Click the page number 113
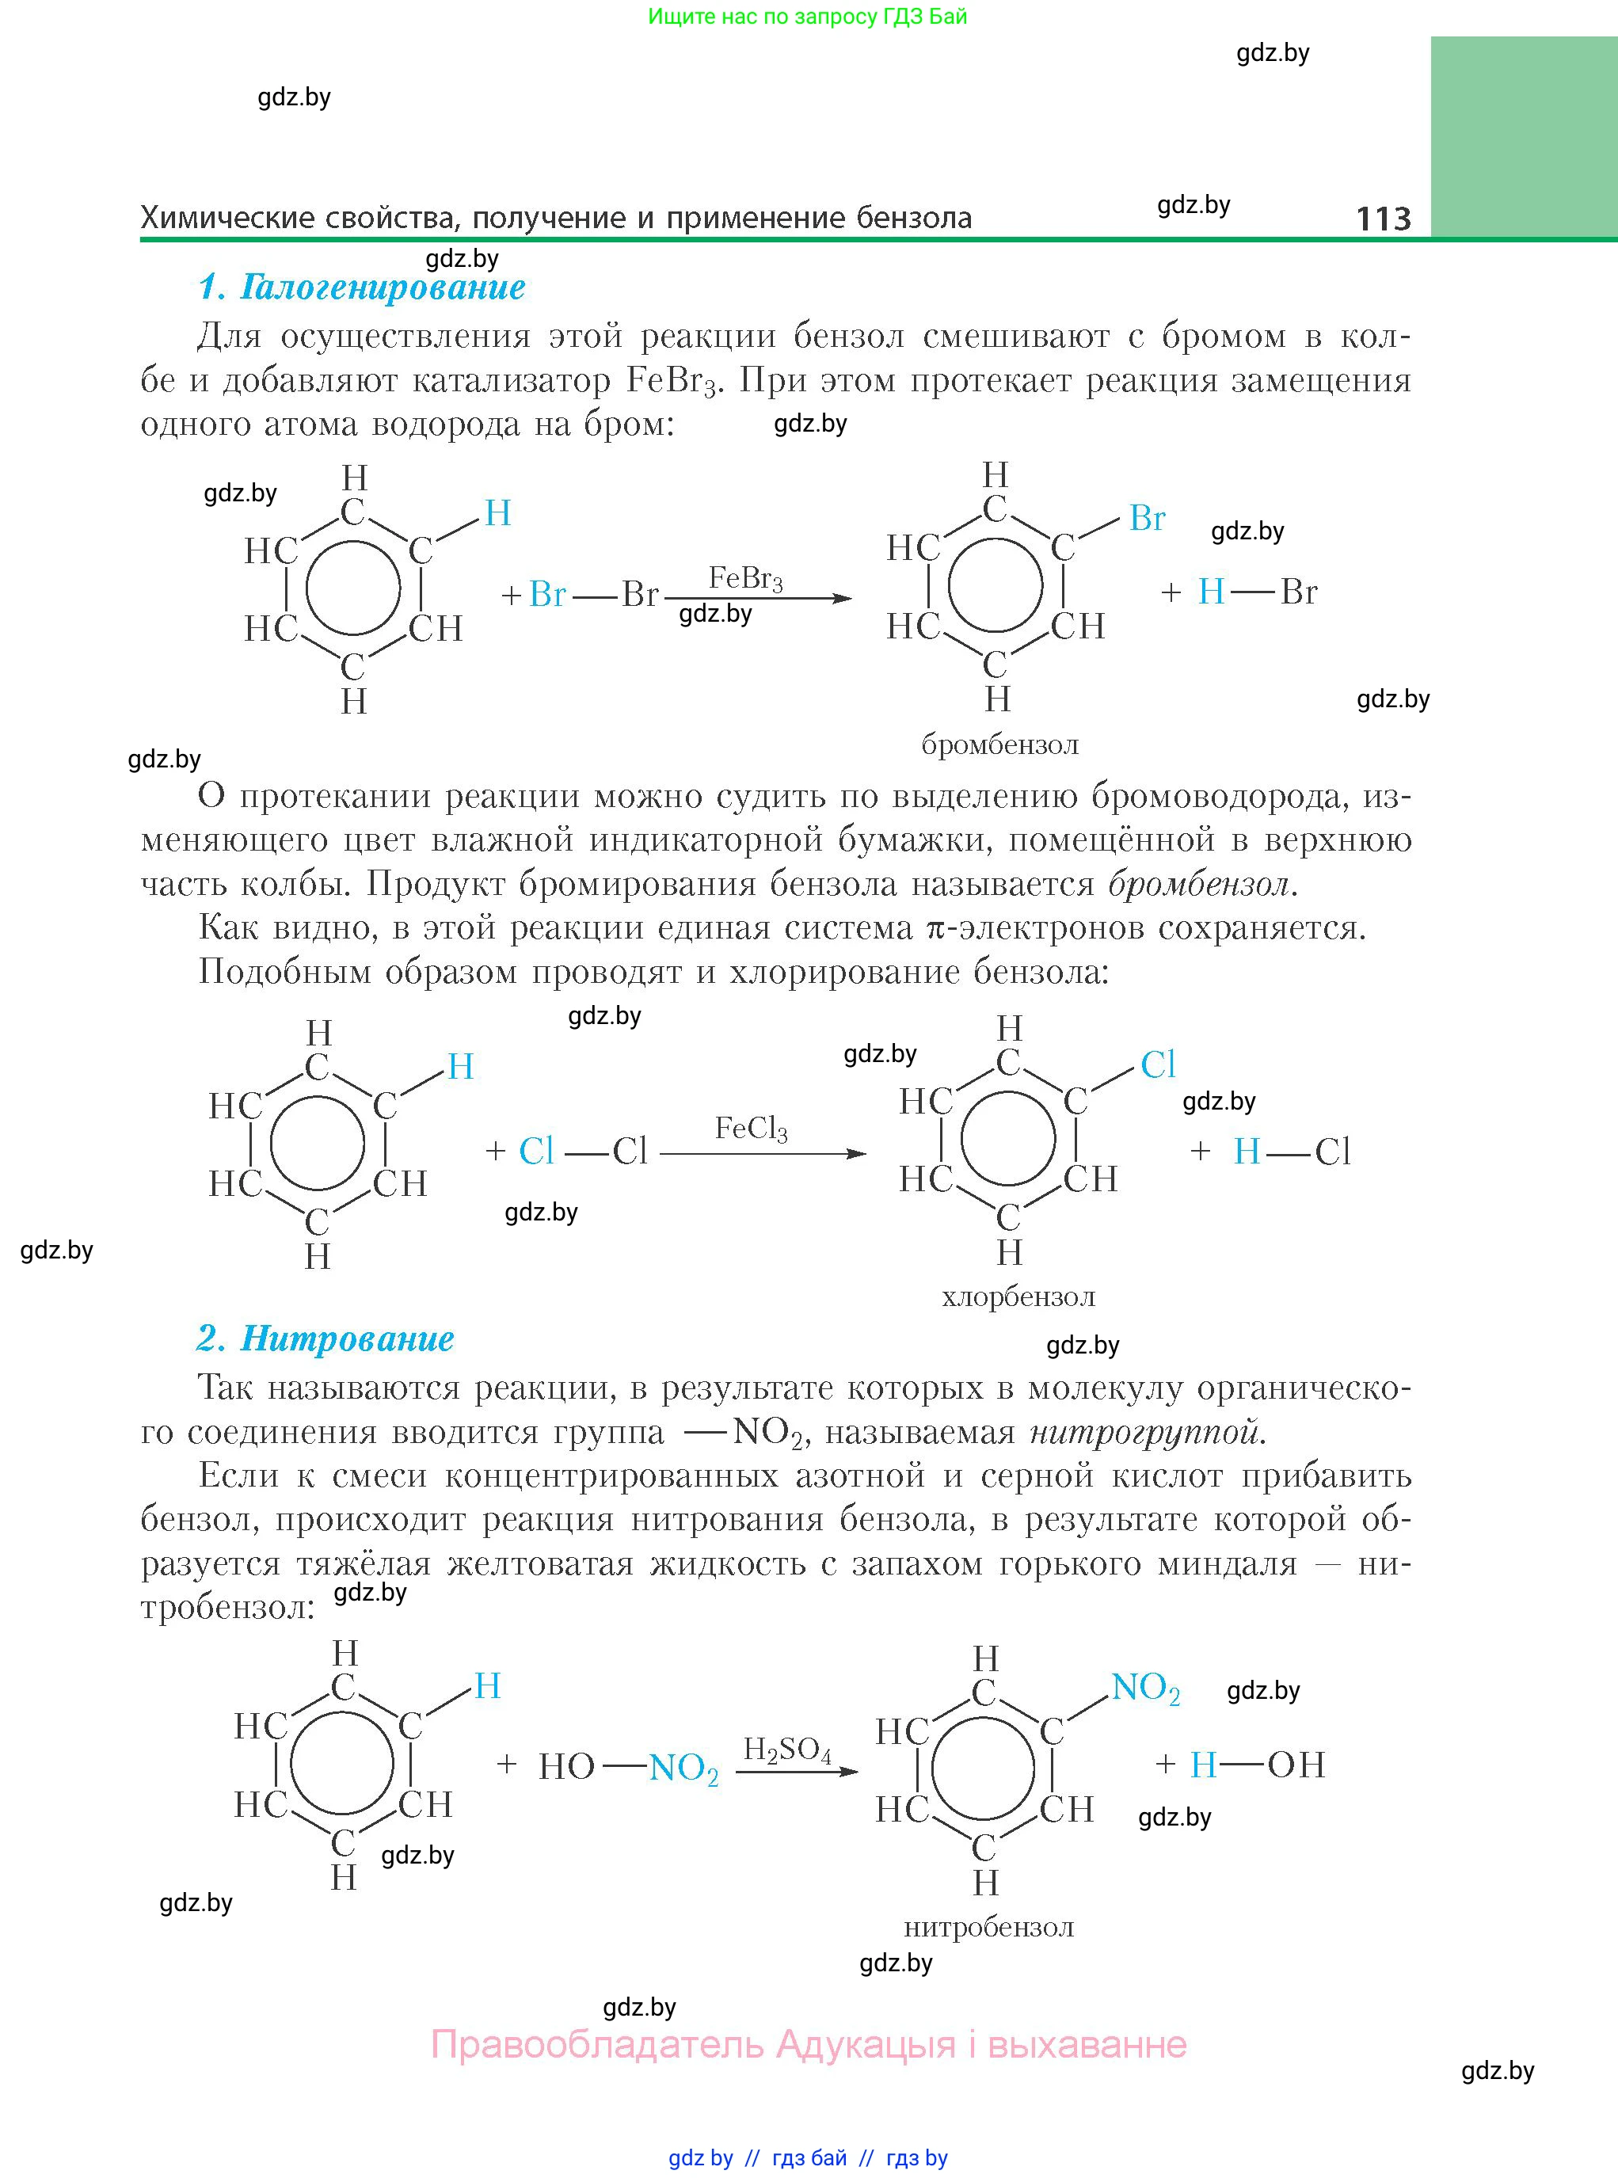coord(1383,219)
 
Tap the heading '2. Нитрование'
coord(326,1338)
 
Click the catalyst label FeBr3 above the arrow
coord(745,579)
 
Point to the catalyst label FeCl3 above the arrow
coord(752,1129)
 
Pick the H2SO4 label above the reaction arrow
coord(786,1750)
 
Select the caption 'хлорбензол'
coord(1018,1297)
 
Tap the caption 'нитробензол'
coord(988,1929)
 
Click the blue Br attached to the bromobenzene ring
coord(1147,518)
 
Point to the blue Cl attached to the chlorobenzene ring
coord(1158,1064)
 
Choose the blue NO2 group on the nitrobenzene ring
coord(1145,1689)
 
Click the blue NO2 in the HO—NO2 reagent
coord(683,1768)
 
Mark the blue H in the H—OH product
coord(1203,1765)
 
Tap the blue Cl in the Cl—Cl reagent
coord(535,1152)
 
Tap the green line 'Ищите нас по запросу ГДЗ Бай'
coord(807,17)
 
